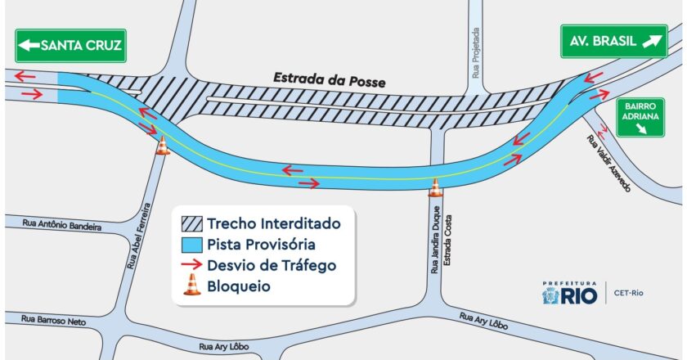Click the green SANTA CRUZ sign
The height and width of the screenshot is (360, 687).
pyautogui.click(x=70, y=46)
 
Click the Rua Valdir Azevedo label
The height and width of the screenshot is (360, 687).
pyautogui.click(x=608, y=163)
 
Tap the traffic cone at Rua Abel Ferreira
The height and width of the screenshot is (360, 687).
pyautogui.click(x=163, y=145)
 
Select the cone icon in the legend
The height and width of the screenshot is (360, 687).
pyautogui.click(x=191, y=285)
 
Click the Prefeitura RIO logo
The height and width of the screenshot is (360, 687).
pyautogui.click(x=570, y=292)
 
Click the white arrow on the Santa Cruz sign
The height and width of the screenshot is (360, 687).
pyautogui.click(x=29, y=46)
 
